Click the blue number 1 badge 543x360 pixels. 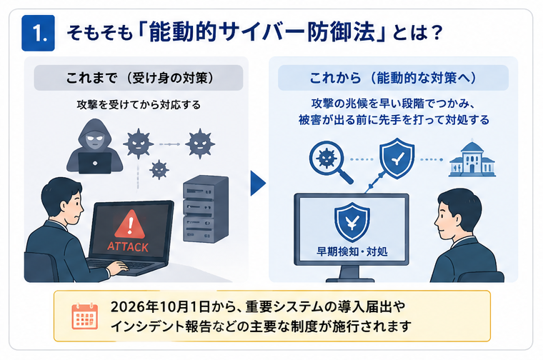coord(38,33)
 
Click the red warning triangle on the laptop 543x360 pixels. coord(130,224)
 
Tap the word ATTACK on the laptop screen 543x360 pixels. coord(128,247)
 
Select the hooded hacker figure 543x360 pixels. coord(94,146)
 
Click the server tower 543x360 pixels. coord(206,209)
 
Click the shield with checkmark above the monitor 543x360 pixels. coord(397,158)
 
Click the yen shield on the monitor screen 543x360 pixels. coord(352,222)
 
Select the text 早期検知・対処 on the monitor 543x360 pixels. coord(352,251)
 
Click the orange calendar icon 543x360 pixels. coord(85,316)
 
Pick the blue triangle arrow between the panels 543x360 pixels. coord(258,183)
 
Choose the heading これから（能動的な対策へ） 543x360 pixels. coord(393,78)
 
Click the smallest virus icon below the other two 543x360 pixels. coord(159,169)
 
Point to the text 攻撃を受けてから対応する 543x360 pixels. coord(139,104)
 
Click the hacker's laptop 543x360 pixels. coord(95,163)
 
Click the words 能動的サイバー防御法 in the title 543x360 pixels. coord(262,33)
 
